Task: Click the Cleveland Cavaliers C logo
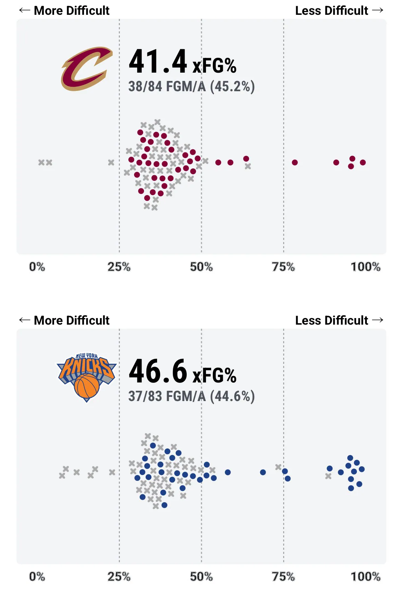point(86,69)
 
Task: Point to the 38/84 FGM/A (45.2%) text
point(192,86)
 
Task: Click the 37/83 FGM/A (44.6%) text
point(192,396)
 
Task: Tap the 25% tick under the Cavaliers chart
point(119,267)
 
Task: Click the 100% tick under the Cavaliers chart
point(365,267)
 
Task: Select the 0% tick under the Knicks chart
point(37,577)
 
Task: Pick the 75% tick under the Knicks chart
point(283,577)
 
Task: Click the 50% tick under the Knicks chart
point(201,577)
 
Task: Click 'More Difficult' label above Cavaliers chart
point(72,11)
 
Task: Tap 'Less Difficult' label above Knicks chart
point(332,320)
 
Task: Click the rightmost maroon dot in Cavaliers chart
point(363,162)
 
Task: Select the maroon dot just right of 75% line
point(295,162)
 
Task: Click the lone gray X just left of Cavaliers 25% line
point(111,162)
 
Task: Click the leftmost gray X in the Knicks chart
point(62,476)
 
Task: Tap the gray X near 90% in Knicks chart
point(328,476)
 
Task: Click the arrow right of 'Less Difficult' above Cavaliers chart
point(378,10)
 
